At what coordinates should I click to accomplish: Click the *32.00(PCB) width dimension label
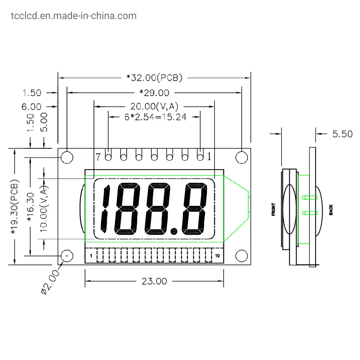[x=154, y=78]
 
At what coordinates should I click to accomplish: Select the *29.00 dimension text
[x=154, y=93]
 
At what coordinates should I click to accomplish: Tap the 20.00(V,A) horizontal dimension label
[x=154, y=106]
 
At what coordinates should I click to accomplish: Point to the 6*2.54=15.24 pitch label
[x=156, y=117]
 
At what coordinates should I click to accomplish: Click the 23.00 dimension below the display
[x=154, y=281]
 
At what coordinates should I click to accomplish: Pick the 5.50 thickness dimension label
[x=342, y=134]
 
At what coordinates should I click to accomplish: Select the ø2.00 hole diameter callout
[x=50, y=282]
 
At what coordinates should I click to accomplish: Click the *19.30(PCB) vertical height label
[x=14, y=207]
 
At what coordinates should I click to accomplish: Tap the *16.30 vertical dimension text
[x=31, y=207]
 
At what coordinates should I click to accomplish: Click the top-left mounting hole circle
[x=67, y=158]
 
